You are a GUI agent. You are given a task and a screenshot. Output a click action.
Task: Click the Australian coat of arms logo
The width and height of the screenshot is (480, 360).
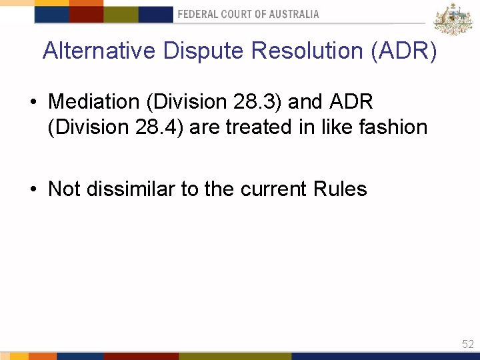(x=453, y=19)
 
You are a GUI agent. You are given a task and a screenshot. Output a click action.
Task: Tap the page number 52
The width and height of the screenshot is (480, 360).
(x=467, y=344)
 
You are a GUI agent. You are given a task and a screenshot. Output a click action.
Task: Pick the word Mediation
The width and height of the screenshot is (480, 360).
(x=92, y=102)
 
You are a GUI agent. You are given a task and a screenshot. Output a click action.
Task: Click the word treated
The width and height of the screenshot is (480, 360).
(x=254, y=127)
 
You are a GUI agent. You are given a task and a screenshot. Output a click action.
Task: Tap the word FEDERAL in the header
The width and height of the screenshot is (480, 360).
(x=199, y=14)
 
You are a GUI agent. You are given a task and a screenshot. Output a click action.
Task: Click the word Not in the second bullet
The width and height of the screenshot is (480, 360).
(x=64, y=189)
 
